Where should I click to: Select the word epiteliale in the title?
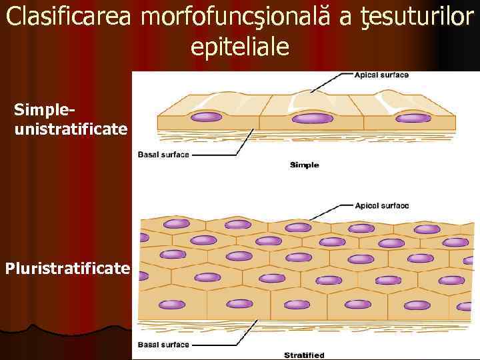point(240,46)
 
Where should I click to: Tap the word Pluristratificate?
point(67,269)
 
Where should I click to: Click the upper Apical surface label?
point(381,75)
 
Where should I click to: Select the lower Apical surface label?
point(382,206)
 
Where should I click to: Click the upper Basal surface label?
point(163,155)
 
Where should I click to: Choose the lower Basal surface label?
point(163,345)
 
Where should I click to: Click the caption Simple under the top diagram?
point(304,165)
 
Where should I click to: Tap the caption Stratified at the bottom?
point(304,355)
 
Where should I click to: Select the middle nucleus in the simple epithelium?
point(313,119)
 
